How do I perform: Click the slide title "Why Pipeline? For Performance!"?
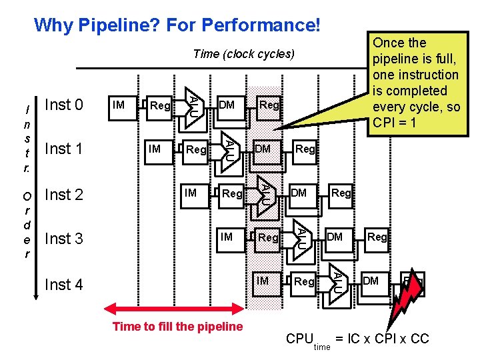click(x=177, y=26)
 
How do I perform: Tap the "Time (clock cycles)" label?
click(x=243, y=54)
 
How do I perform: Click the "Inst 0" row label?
click(x=63, y=105)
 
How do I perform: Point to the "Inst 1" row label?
click(x=63, y=149)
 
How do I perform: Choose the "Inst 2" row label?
click(x=63, y=195)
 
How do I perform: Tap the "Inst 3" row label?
click(x=63, y=238)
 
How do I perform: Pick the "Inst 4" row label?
click(x=63, y=285)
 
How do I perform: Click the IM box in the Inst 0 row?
click(x=119, y=105)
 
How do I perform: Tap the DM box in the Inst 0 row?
click(x=227, y=105)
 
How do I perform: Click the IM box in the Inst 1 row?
click(x=155, y=149)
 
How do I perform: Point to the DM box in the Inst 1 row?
click(x=263, y=149)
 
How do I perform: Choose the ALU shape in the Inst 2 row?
click(x=265, y=194)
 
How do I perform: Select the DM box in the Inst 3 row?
click(x=335, y=237)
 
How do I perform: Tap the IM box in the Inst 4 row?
click(x=263, y=281)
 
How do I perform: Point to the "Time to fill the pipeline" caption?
click(x=178, y=327)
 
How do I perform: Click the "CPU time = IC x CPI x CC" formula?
click(x=357, y=340)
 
